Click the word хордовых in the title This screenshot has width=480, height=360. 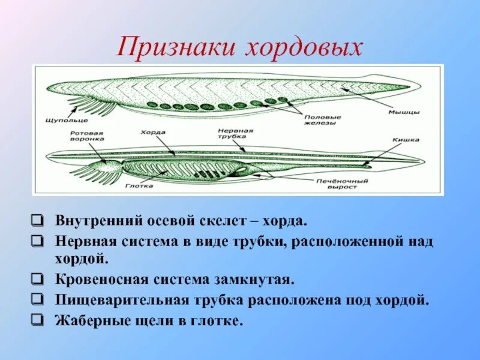coord(304,47)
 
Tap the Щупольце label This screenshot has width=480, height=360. coord(59,120)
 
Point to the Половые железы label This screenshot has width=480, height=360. coord(322,120)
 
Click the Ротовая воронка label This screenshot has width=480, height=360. coord(86,135)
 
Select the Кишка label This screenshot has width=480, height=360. coord(406,140)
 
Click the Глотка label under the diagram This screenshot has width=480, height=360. coord(139,186)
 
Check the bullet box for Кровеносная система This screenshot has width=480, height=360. coord(38,280)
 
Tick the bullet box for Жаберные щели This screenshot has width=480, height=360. coord(38,320)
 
